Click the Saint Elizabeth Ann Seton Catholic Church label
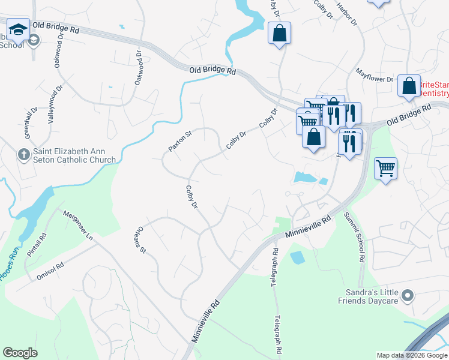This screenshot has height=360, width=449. point(74,155)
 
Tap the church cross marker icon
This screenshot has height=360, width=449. point(23,155)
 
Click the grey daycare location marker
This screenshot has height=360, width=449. point(409,295)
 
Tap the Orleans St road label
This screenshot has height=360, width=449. point(142,239)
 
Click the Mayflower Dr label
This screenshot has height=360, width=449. point(373,79)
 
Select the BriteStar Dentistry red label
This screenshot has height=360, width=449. point(433,89)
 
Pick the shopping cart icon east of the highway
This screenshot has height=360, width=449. point(385,168)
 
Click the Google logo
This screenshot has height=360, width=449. point(20,352)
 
